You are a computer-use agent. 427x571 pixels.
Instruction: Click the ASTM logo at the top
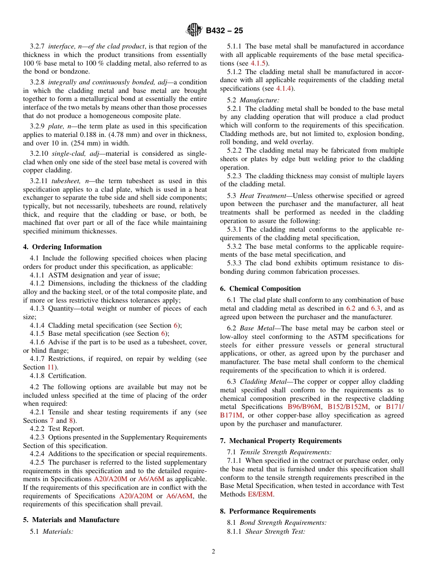pos(194,30)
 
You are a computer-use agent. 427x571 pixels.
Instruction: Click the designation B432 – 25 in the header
pos(224,31)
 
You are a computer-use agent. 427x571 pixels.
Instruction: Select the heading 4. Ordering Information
pos(62,247)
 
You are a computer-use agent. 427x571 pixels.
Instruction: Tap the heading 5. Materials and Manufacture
pos(71,520)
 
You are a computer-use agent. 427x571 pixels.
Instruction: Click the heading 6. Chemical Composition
pos(260,289)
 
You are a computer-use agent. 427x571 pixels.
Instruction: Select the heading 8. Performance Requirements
pos(268,511)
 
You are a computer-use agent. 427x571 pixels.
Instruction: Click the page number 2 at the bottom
pos(213,552)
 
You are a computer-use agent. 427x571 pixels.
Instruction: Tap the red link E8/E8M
pos(260,494)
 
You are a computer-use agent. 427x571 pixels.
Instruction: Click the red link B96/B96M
pos(304,407)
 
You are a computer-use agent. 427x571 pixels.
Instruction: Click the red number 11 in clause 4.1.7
pos(50,367)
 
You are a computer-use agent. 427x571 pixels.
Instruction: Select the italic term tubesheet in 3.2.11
pos(64,181)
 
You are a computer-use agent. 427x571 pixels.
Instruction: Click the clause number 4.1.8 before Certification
pos(37,376)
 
